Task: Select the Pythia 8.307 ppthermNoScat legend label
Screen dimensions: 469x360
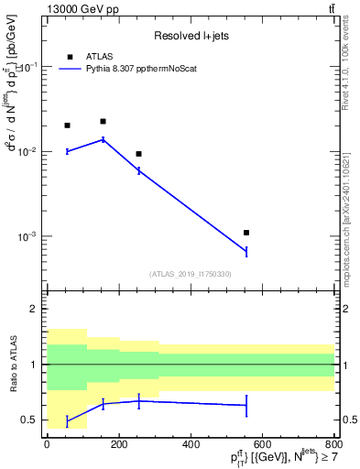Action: [146, 68]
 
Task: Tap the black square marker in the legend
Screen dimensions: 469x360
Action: [71, 55]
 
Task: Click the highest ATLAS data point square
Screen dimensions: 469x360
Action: [103, 121]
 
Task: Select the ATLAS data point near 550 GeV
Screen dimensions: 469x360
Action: [246, 233]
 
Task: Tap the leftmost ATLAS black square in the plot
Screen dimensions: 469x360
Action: [67, 125]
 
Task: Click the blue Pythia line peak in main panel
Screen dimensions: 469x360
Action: [103, 139]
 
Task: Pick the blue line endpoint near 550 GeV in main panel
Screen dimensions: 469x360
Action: [246, 251]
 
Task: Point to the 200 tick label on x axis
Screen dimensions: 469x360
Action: [118, 444]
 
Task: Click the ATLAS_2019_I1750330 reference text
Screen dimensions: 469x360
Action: [191, 274]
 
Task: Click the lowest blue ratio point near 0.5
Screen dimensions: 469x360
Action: [67, 420]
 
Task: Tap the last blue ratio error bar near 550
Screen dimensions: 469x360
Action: [246, 405]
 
